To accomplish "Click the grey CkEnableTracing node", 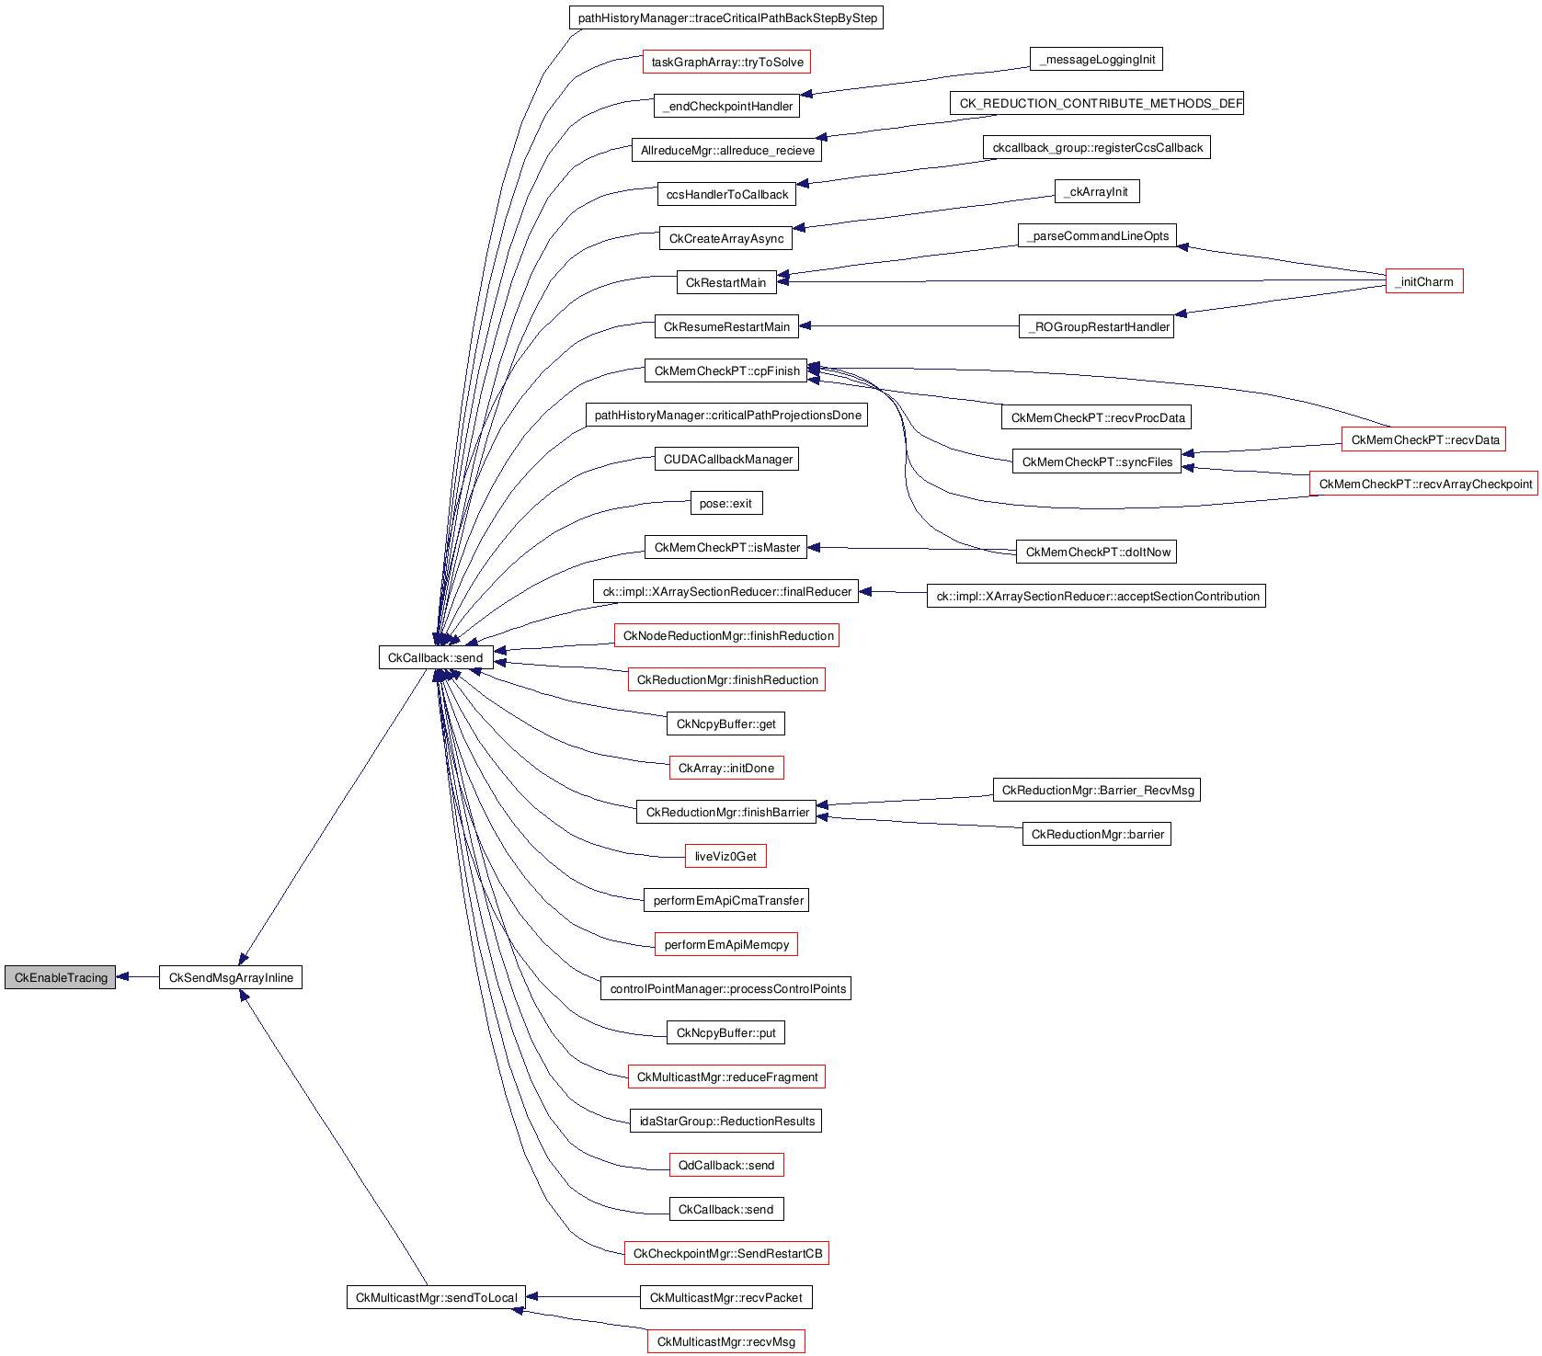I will [60, 977].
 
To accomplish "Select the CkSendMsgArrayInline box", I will [231, 977].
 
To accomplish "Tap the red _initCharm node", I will [1423, 281].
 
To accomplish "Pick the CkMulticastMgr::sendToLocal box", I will [436, 1297].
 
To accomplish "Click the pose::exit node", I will [726, 503].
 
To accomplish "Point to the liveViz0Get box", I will [725, 856].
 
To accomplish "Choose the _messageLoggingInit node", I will [1096, 60].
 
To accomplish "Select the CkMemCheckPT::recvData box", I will [1423, 439].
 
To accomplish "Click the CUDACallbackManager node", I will [726, 459].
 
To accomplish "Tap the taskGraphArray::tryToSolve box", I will [726, 62].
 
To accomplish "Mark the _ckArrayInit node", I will [1097, 191].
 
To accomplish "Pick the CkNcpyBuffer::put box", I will [725, 1032].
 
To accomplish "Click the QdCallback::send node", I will [726, 1165].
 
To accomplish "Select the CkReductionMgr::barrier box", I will [1096, 834].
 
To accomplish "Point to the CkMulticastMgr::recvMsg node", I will [725, 1341].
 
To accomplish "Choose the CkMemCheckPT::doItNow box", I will [1096, 552].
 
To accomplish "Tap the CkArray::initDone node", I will [725, 768].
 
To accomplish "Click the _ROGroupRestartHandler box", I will [1096, 326].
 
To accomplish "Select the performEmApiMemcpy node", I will [725, 944].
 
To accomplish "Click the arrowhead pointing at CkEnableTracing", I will [122, 977].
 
